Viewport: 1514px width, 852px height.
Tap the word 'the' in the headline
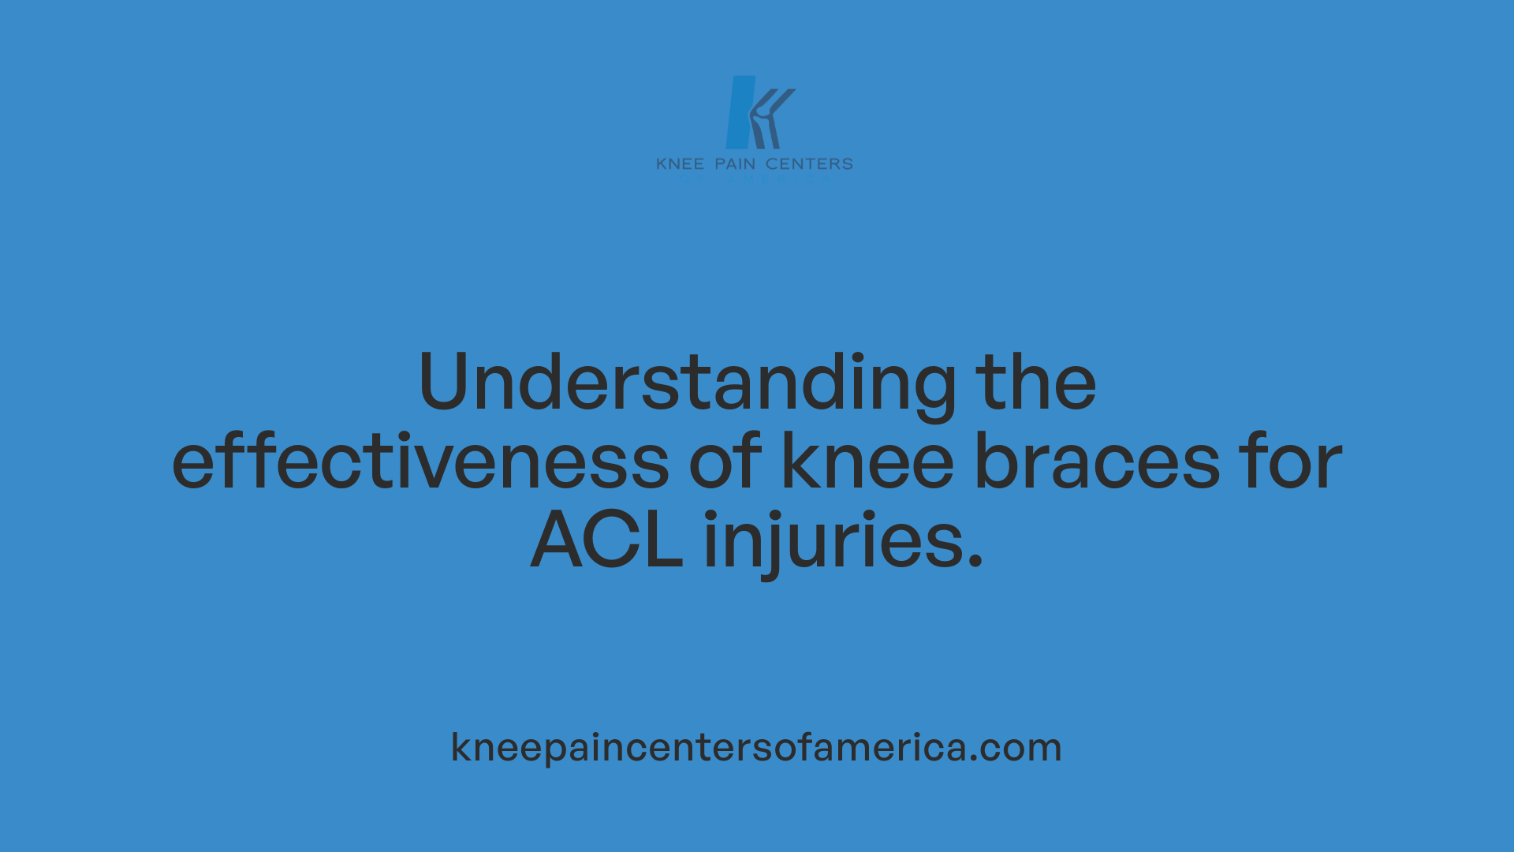(1035, 383)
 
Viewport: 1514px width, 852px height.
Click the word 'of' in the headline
(725, 461)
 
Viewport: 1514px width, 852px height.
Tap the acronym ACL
(606, 540)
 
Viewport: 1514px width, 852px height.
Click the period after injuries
(975, 561)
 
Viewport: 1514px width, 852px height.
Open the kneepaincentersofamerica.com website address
(756, 747)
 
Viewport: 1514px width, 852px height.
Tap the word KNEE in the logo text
(680, 164)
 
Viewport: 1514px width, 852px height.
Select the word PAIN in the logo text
(735, 164)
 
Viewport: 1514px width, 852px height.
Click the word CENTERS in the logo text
(809, 164)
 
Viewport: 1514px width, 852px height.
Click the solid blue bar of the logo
(740, 113)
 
